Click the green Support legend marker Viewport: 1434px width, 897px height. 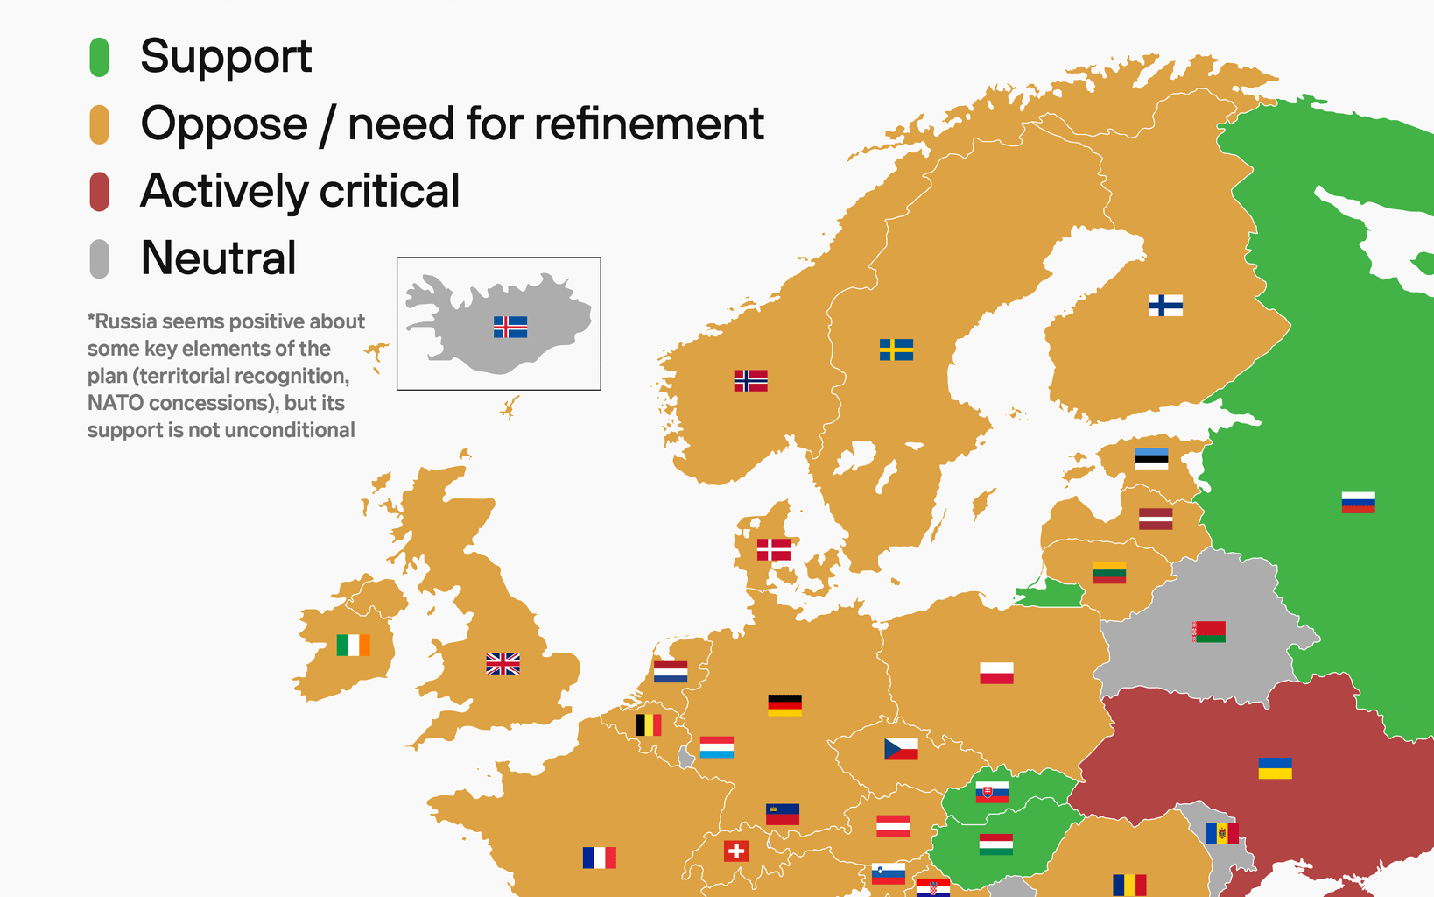pos(99,57)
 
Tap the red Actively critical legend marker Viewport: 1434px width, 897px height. pos(99,192)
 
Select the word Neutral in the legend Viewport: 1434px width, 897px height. pos(218,258)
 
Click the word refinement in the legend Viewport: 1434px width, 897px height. pos(648,124)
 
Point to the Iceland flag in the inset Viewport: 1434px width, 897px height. pos(510,327)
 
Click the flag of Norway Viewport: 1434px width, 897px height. pos(750,380)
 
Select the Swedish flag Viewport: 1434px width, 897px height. pos(896,350)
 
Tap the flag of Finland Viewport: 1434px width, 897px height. pos(1165,305)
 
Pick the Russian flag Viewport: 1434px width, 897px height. pos(1358,502)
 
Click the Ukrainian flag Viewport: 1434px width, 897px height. pos(1275,768)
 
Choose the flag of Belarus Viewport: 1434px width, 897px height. pos(1209,632)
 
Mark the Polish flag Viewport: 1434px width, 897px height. pos(996,673)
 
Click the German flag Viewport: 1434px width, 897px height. pos(784,704)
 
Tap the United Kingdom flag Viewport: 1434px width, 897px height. pos(503,664)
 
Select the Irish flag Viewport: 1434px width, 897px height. pos(353,645)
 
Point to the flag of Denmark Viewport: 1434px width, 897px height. pos(773,549)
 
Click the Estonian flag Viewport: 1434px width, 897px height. pos(1150,459)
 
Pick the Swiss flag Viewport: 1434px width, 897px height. pos(736,851)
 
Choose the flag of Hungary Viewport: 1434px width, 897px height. pos(995,844)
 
